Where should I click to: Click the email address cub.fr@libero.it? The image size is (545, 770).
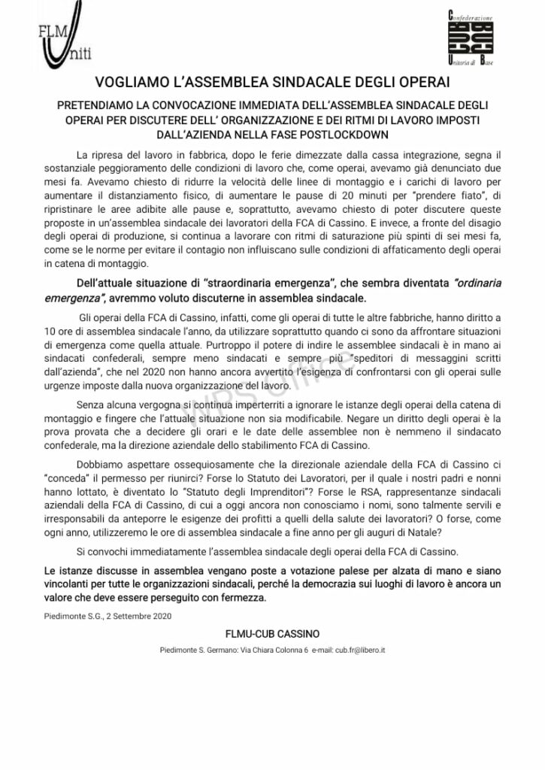pyautogui.click(x=359, y=649)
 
